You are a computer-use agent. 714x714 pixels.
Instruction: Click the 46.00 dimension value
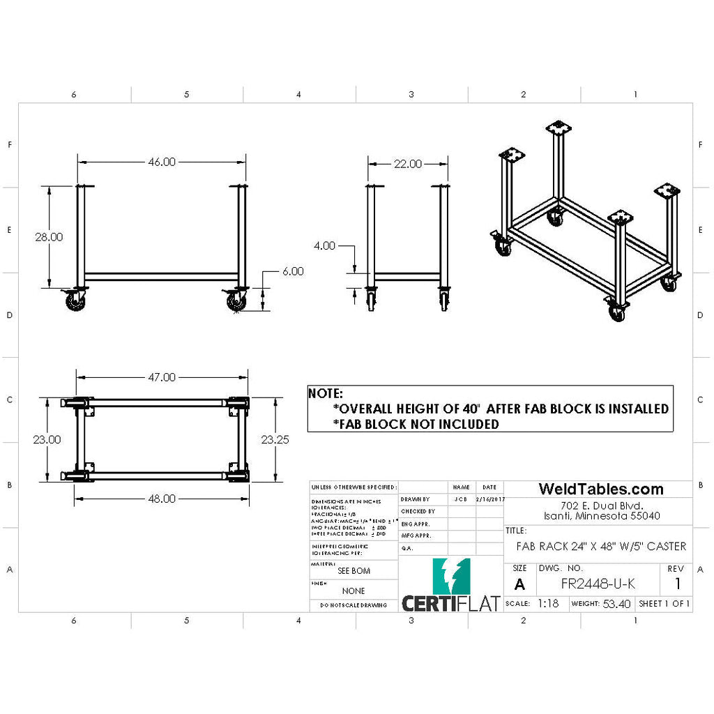pyautogui.click(x=161, y=162)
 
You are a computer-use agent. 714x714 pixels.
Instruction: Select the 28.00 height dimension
pyautogui.click(x=49, y=237)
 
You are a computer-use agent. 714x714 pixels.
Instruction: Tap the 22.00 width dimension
pyautogui.click(x=408, y=164)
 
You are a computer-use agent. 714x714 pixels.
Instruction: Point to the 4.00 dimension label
pyautogui.click(x=325, y=245)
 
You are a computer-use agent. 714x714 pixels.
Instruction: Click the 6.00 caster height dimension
pyautogui.click(x=292, y=271)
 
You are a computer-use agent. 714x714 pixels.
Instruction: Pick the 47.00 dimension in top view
pyautogui.click(x=161, y=377)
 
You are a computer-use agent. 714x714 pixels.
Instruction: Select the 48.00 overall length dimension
pyautogui.click(x=161, y=499)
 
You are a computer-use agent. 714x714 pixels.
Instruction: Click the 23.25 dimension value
pyautogui.click(x=275, y=440)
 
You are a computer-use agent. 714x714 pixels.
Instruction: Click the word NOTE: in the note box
pyautogui.click(x=326, y=394)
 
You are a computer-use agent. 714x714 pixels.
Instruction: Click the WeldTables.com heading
pyautogui.click(x=600, y=489)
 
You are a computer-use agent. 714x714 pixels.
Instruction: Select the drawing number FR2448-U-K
pyautogui.click(x=598, y=584)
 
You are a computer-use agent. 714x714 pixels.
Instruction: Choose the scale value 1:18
pyautogui.click(x=548, y=604)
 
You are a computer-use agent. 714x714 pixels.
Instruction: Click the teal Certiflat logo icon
pyautogui.click(x=451, y=576)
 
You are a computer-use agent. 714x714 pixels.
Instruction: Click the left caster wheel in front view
pyautogui.click(x=74, y=302)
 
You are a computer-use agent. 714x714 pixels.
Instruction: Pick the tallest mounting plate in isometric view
pyautogui.click(x=558, y=128)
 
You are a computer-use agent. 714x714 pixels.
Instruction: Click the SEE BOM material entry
pyautogui.click(x=354, y=570)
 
